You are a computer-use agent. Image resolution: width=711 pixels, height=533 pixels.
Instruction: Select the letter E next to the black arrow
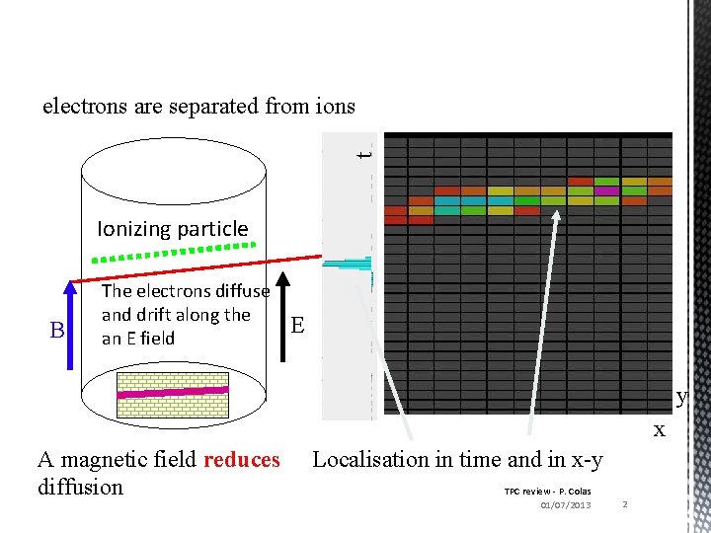pos(297,325)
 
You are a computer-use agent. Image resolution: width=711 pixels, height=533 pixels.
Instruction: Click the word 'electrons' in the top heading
pos(83,106)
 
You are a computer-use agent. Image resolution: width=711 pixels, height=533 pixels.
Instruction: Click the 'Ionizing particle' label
pos(173,229)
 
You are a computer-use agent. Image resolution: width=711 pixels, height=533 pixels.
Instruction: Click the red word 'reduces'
pos(241,459)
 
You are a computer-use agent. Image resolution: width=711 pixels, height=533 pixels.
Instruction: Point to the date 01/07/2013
pos(566,505)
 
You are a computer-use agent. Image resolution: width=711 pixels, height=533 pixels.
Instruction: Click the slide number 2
pos(625,504)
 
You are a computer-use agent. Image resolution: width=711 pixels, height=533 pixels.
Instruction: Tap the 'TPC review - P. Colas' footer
pos(547,491)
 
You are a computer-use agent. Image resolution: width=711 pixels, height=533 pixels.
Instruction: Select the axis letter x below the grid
pos(659,430)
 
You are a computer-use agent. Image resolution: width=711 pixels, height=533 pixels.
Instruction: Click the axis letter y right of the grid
pos(681,398)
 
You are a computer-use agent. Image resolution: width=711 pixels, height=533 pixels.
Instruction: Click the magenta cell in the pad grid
pos(605,190)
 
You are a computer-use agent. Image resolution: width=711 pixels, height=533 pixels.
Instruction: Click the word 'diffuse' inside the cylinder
pos(243,291)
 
